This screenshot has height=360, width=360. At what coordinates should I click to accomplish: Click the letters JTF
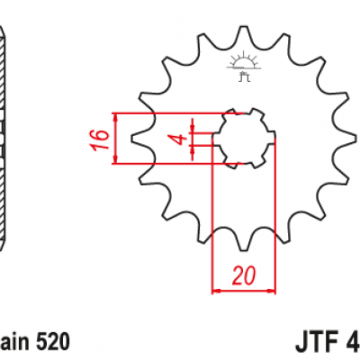(314, 342)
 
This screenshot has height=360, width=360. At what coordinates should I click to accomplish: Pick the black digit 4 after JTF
(352, 342)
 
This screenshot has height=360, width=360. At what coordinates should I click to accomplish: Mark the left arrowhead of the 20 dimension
(216, 291)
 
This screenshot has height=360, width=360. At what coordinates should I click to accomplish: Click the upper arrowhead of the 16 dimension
(116, 118)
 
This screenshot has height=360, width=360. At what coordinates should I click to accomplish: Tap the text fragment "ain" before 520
(12, 342)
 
